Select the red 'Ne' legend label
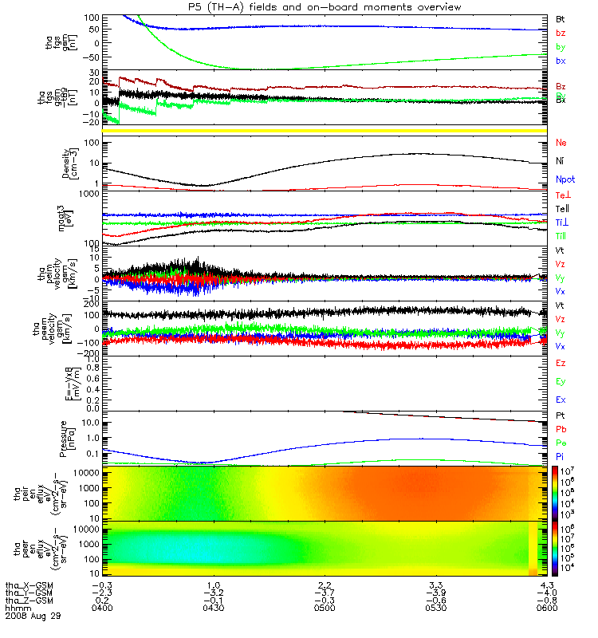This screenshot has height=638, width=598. click(x=561, y=143)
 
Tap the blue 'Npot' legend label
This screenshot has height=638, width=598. click(x=565, y=180)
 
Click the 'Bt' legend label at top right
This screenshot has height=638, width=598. click(x=561, y=18)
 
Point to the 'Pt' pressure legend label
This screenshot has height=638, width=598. click(x=561, y=416)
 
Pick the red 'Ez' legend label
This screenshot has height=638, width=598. click(x=561, y=363)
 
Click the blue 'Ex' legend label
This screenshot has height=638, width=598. click(x=561, y=399)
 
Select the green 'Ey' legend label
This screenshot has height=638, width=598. click(x=561, y=381)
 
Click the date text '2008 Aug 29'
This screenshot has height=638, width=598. click(x=33, y=617)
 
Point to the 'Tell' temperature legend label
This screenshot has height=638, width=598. click(x=561, y=208)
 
